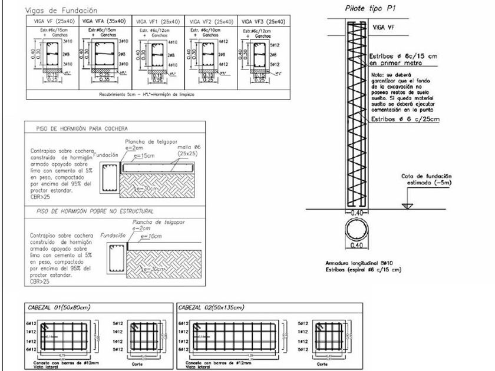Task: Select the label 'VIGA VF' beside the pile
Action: tap(385, 27)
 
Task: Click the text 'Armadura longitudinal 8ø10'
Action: tap(358, 263)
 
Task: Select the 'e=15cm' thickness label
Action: tap(144, 157)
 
